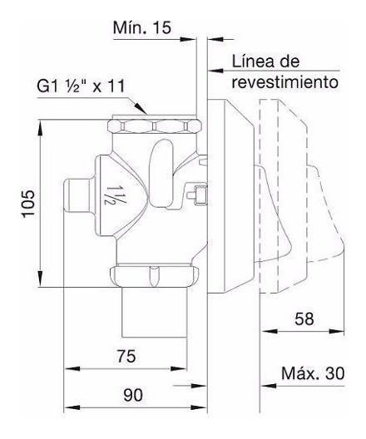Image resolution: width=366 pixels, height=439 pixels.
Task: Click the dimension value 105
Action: pyautogui.click(x=29, y=204)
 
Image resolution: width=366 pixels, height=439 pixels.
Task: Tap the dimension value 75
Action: pyautogui.click(x=126, y=357)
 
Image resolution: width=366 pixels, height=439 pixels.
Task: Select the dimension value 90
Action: pyautogui.click(x=133, y=395)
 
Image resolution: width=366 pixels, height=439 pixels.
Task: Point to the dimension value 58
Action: pyautogui.click(x=304, y=318)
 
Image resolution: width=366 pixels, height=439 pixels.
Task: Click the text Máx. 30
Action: pyautogui.click(x=313, y=373)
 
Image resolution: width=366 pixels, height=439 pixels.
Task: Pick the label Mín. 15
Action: pyautogui.click(x=142, y=27)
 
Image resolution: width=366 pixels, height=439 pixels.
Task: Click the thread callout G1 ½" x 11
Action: pyautogui.click(x=81, y=86)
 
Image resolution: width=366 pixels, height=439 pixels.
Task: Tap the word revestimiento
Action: pyautogui.click(x=285, y=82)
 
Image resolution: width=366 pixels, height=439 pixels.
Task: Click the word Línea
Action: pyautogui.click(x=254, y=62)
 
